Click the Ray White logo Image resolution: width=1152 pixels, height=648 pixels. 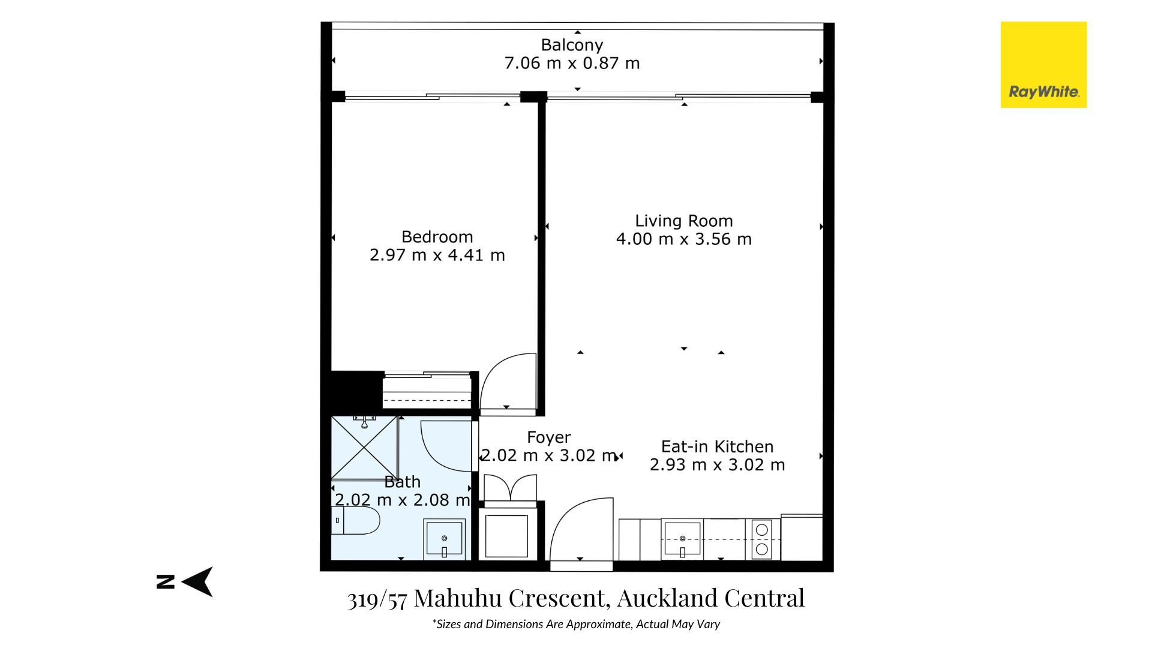[x=1043, y=65]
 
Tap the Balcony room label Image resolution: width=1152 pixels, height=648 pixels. [x=572, y=45]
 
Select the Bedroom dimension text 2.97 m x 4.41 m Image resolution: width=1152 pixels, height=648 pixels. [x=437, y=255]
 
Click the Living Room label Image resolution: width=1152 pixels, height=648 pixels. [x=684, y=221]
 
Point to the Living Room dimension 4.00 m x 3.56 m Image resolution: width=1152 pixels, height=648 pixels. [x=684, y=239]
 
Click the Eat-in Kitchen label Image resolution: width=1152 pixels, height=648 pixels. [x=718, y=446]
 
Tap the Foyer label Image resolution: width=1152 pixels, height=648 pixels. [x=549, y=437]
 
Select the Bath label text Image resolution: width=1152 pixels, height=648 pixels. [x=402, y=482]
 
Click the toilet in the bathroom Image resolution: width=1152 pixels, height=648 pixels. [x=356, y=521]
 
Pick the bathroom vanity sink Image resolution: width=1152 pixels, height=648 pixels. [x=444, y=539]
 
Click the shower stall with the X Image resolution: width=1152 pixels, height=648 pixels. [x=365, y=447]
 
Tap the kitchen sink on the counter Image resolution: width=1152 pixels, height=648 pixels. [x=682, y=539]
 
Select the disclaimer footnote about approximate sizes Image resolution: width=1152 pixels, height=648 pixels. [x=576, y=624]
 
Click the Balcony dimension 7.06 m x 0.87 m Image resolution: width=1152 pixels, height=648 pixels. [x=572, y=63]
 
